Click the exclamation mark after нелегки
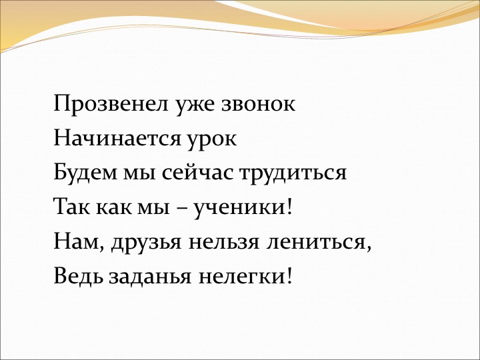pyautogui.click(x=289, y=275)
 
